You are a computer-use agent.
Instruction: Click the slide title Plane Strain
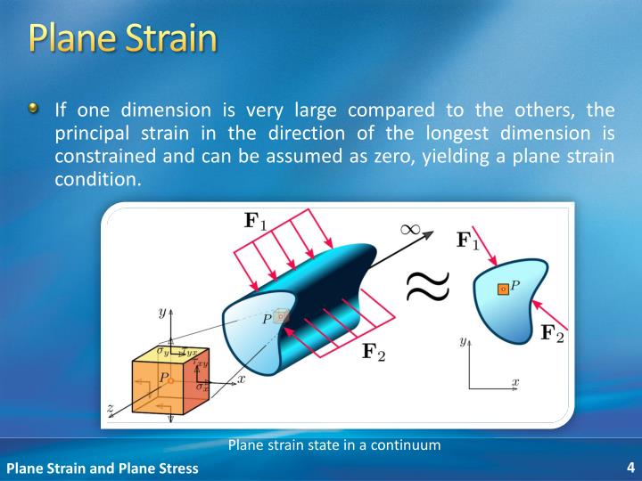tap(122, 39)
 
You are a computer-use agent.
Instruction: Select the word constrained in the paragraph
tap(101, 156)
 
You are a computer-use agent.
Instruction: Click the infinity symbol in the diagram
tap(409, 229)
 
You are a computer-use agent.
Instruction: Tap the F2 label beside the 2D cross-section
tap(552, 333)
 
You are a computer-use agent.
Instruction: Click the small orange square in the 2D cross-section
tap(503, 289)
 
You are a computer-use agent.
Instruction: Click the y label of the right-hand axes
tap(465, 341)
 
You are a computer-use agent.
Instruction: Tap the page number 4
tap(630, 468)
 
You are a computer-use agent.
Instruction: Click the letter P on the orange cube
tap(163, 378)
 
